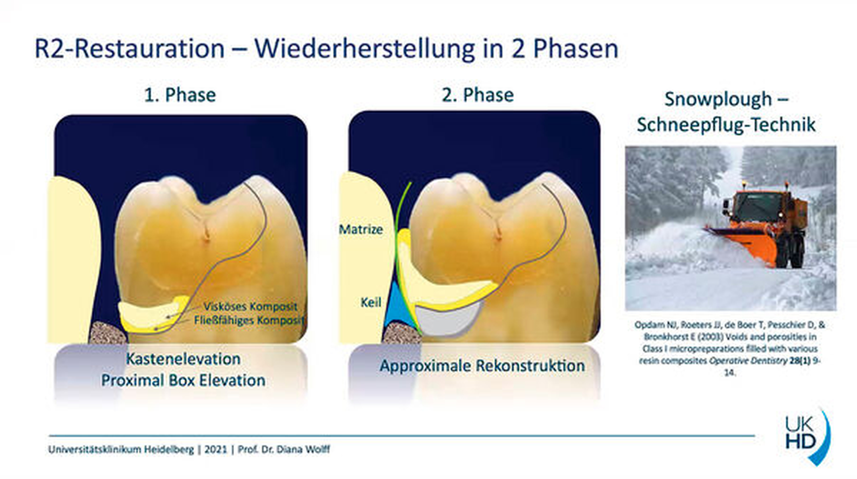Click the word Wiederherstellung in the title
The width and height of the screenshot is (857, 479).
364,48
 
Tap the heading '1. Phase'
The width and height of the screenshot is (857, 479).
180,95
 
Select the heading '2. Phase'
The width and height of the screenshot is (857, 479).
478,95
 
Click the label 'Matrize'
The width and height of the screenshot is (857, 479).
361,229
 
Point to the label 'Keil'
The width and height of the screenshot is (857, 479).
371,302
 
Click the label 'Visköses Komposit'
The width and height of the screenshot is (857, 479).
250,307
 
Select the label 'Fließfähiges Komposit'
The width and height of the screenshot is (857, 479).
249,320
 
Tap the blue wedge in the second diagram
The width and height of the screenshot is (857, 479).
396,307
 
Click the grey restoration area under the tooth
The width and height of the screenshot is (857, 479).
447,318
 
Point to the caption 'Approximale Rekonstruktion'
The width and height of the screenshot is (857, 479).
482,365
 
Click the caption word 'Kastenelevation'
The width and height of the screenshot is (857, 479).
183,359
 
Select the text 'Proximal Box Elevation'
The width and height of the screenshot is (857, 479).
183,380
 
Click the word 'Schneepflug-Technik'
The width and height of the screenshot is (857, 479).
726,124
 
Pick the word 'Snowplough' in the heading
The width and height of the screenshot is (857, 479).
718,99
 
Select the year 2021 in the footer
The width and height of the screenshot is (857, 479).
216,449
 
